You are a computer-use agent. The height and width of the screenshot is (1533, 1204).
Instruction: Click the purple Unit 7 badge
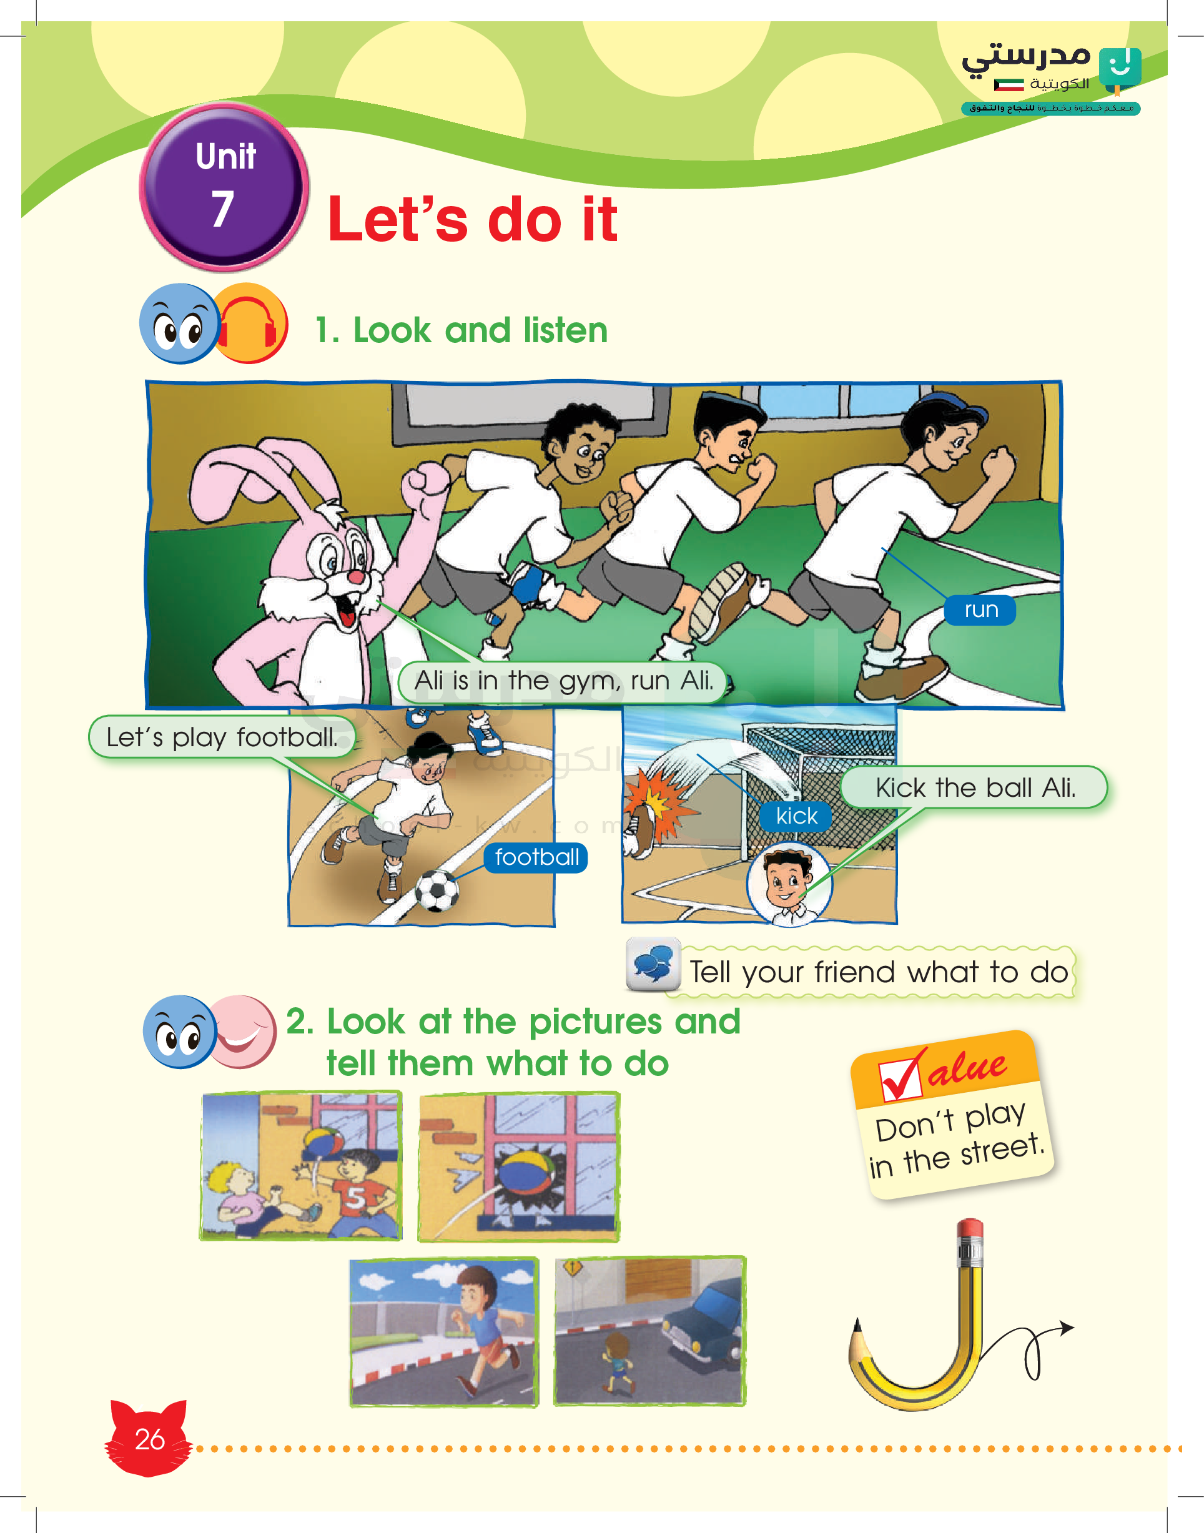click(224, 187)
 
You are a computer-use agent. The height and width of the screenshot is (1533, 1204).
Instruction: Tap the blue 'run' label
click(980, 609)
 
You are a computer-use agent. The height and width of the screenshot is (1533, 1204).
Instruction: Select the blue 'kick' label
click(797, 816)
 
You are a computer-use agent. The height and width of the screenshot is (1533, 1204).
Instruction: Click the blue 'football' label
click(536, 857)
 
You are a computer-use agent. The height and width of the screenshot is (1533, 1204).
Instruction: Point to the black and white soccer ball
click(437, 891)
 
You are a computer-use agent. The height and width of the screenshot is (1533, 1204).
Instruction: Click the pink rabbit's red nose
click(357, 577)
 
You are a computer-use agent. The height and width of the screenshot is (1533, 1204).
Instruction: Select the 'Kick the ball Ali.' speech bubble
click(975, 787)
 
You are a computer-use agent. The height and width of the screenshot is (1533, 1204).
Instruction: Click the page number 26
click(149, 1439)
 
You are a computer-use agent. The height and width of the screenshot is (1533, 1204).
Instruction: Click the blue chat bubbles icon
click(653, 964)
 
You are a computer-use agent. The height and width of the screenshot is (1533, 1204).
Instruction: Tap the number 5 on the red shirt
click(355, 1198)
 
